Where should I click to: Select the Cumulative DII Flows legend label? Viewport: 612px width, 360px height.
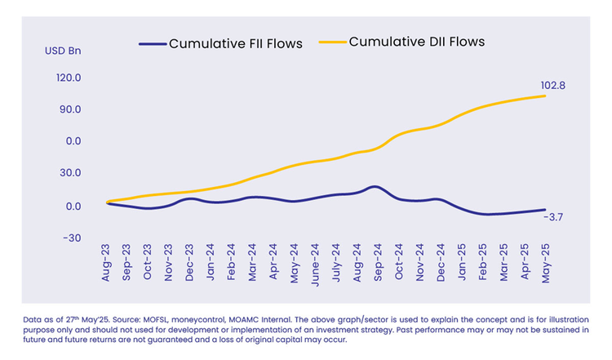(x=417, y=42)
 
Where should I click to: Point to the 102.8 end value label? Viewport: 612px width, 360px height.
(x=553, y=85)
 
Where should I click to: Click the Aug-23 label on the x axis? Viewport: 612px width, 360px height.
(x=107, y=264)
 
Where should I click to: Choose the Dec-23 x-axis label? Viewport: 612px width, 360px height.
(x=190, y=264)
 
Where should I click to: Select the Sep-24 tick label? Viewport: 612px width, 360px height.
(x=377, y=264)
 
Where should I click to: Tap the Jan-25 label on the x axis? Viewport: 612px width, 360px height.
(x=460, y=264)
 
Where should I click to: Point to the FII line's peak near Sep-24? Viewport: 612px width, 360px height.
(x=374, y=187)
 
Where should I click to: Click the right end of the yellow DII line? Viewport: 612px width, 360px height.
(x=544, y=96)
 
